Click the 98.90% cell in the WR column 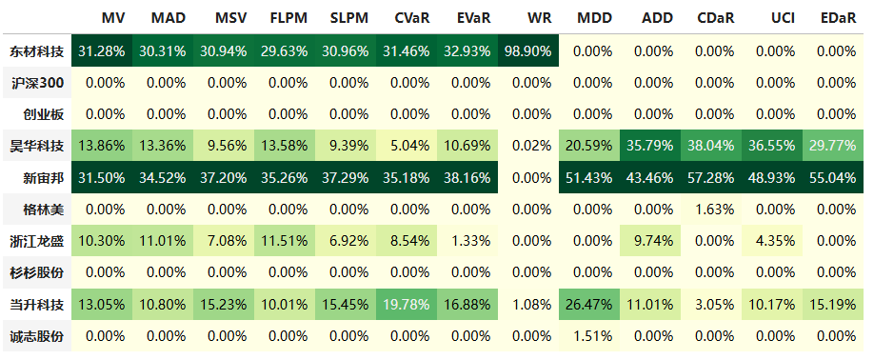pos(527,51)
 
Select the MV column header pos(113,18)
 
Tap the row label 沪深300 pos(37,83)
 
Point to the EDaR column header pos(838,18)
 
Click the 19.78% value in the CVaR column pos(406,305)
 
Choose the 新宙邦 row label pos(44,178)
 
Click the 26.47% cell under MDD pos(589,305)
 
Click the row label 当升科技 pos(37,305)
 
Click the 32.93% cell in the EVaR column pos(467,51)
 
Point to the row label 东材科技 pos(37,51)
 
